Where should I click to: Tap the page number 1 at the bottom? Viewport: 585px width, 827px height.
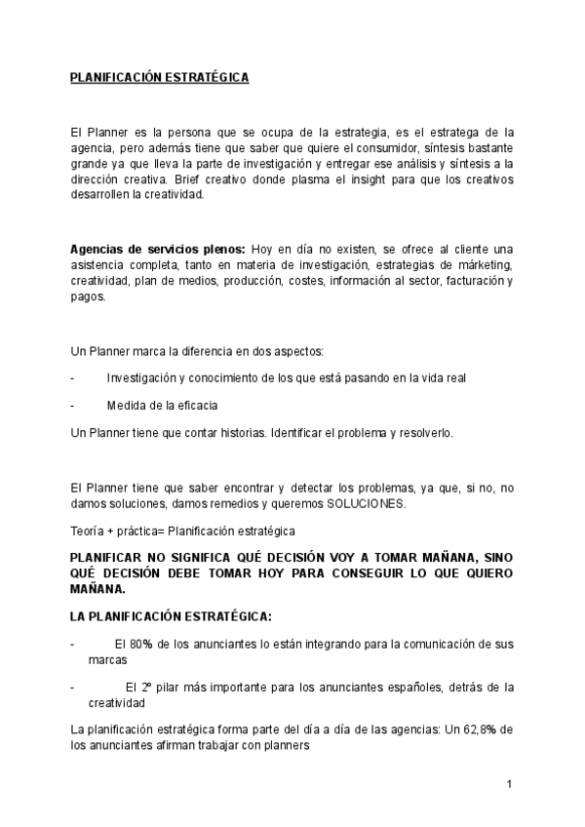point(509,783)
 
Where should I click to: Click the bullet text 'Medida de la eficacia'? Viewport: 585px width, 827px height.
point(162,405)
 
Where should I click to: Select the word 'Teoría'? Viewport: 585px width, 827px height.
point(89,531)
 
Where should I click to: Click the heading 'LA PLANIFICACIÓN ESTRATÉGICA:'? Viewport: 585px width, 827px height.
point(171,616)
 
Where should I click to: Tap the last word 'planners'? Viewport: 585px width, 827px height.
point(287,746)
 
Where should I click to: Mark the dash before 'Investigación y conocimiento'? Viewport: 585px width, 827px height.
point(75,377)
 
